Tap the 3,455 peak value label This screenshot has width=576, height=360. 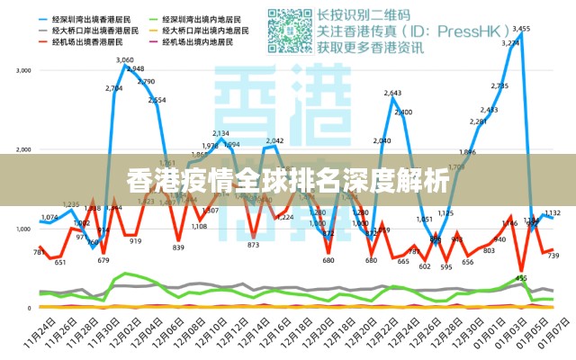tap(520, 29)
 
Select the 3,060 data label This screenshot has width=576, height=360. tap(125, 60)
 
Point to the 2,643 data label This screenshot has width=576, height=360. tap(392, 93)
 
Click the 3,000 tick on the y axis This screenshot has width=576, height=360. tap(24, 70)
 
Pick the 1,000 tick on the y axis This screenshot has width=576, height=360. tap(24, 229)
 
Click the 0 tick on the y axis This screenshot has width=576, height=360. tap(30, 308)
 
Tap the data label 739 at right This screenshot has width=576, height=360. tap(553, 256)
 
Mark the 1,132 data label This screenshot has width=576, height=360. tap(553, 213)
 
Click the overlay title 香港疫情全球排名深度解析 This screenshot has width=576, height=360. tap(288, 181)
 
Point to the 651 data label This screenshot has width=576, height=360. tap(60, 263)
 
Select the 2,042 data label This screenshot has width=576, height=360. tap(274, 140)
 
